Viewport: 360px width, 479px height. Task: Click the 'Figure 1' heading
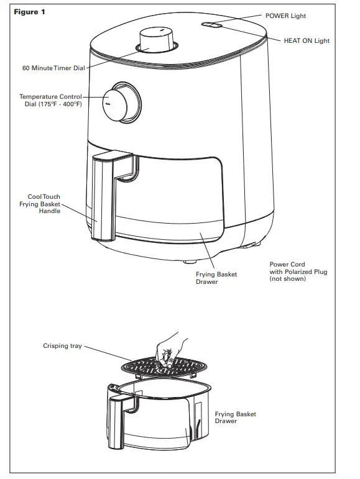point(29,12)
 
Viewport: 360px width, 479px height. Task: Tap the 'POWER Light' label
point(286,15)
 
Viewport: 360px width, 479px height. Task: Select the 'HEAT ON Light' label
point(307,40)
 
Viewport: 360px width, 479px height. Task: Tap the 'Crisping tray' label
point(62,345)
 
